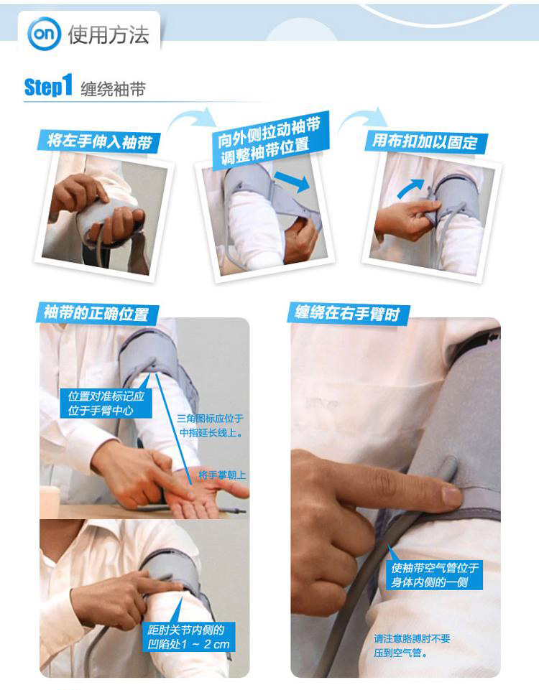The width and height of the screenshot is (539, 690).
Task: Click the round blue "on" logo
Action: coord(44,34)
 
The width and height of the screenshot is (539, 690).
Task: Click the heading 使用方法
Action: coord(109,34)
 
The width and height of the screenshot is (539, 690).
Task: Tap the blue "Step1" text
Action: coord(48,85)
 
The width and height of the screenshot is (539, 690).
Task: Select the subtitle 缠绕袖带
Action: coord(113,89)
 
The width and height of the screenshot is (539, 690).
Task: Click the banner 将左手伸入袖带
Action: coord(98,141)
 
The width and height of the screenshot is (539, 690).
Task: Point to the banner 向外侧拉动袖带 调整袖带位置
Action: coord(269,141)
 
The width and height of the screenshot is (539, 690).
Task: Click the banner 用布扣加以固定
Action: coord(426,142)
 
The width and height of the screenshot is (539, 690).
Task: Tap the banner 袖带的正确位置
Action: coord(96,314)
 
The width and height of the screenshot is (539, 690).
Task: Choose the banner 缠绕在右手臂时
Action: coord(348,313)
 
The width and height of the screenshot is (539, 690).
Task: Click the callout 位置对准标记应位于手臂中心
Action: coord(106,403)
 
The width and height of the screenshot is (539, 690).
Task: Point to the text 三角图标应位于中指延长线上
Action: coord(211,426)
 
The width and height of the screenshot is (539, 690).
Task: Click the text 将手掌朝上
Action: coord(222,475)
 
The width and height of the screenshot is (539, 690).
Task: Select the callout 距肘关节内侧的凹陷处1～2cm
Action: coord(189,637)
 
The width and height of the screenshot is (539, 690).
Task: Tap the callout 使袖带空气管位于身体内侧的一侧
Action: coord(435,574)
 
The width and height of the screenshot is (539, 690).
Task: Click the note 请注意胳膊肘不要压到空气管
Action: coord(412,645)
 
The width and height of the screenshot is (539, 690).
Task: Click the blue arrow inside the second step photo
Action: coord(292,181)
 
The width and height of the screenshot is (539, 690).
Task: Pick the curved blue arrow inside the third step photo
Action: coord(410,188)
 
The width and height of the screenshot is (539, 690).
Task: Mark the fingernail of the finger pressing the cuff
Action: coord(451,496)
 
